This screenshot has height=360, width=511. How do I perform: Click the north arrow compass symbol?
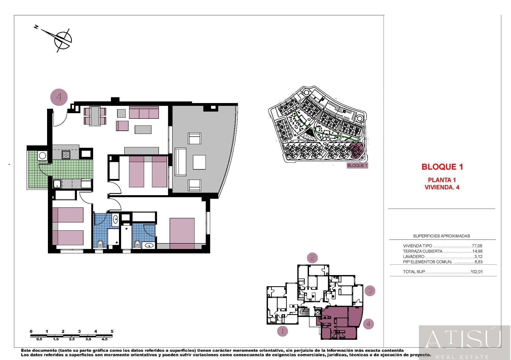63,40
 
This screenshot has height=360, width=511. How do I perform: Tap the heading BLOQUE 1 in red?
442,167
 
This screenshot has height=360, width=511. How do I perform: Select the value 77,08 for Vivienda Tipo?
477,246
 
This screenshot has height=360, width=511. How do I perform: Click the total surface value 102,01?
476,272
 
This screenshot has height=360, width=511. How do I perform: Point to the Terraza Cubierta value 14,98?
477,251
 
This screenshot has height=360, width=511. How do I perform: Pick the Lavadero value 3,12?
478,257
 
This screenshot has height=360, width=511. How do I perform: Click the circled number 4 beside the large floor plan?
59,97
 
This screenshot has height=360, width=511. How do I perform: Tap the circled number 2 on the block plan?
312,258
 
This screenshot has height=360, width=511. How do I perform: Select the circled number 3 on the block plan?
370,291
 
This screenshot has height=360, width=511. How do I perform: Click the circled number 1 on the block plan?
282,331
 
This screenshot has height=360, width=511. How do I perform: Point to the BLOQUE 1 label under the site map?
357,165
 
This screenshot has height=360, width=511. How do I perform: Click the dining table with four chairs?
95,116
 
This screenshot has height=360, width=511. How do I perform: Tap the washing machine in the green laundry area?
42,155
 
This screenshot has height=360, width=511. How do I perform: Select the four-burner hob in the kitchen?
66,154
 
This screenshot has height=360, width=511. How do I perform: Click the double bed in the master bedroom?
182,233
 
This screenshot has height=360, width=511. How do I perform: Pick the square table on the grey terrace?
199,162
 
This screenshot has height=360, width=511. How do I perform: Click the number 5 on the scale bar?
112,332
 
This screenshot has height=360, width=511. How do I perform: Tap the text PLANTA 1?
442,180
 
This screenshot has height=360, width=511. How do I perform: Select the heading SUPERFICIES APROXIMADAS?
441,236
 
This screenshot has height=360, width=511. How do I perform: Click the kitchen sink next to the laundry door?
57,184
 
